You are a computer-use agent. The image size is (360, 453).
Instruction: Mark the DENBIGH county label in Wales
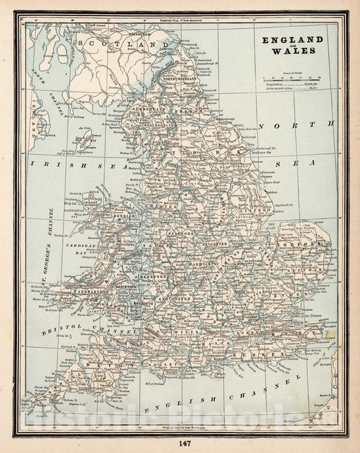tap(125, 217)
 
